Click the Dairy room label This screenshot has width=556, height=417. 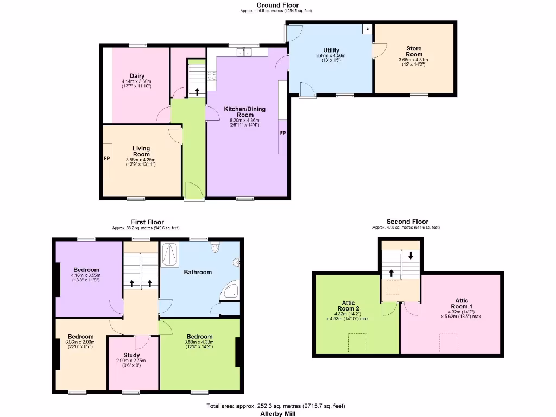pyautogui.click(x=137, y=76)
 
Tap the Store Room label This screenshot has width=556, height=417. pyautogui.click(x=414, y=52)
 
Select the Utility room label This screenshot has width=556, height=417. pyautogui.click(x=331, y=50)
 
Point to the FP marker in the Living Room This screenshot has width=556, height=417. pyautogui.click(x=107, y=159)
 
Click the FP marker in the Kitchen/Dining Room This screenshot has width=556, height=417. pyautogui.click(x=282, y=133)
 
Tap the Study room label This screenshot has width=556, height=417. pyautogui.click(x=131, y=355)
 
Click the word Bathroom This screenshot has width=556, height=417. pyautogui.click(x=198, y=272)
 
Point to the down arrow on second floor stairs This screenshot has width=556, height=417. pyautogui.click(x=410, y=255)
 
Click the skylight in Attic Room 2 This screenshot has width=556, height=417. pyautogui.click(x=357, y=342)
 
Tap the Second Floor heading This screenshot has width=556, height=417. pyautogui.click(x=407, y=222)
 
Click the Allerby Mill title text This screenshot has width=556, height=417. pyautogui.click(x=277, y=413)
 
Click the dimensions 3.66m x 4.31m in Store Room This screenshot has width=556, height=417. pyautogui.click(x=413, y=60)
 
